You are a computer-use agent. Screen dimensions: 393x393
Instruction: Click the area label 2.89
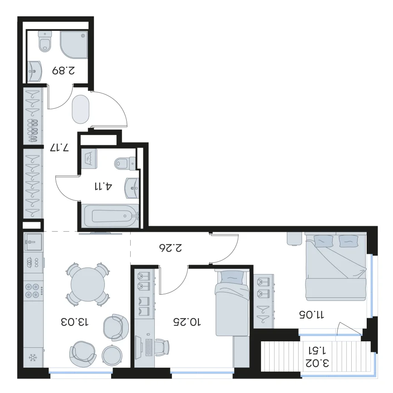(x=64, y=70)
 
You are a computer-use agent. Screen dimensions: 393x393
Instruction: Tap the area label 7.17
(x=59, y=148)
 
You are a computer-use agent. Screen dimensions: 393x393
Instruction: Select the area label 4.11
(x=103, y=186)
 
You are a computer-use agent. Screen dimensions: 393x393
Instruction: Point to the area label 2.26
(x=171, y=247)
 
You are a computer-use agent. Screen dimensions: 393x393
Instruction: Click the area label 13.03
(x=75, y=322)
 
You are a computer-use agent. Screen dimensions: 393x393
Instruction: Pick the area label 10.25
(x=187, y=322)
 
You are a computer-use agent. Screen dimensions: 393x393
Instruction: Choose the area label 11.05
(x=312, y=314)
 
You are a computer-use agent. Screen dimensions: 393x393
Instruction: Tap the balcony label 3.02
(x=317, y=363)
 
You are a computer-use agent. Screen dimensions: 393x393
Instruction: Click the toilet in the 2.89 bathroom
(x=45, y=41)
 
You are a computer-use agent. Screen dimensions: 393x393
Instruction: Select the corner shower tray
(x=74, y=44)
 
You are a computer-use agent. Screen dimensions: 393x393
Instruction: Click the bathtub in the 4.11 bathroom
(x=110, y=216)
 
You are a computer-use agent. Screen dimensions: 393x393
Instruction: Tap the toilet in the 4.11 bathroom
(x=125, y=164)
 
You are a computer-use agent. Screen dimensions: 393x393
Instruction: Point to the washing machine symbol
(x=89, y=159)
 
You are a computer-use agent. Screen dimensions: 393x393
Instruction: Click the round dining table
(x=88, y=285)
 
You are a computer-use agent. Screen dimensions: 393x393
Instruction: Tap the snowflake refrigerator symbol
(x=33, y=357)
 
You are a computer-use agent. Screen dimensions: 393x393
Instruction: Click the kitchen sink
(x=33, y=242)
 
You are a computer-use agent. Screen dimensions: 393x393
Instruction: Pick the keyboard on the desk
(x=149, y=347)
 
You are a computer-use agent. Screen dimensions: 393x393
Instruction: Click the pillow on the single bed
(x=232, y=278)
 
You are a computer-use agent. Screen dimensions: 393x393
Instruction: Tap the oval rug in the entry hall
(x=81, y=109)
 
